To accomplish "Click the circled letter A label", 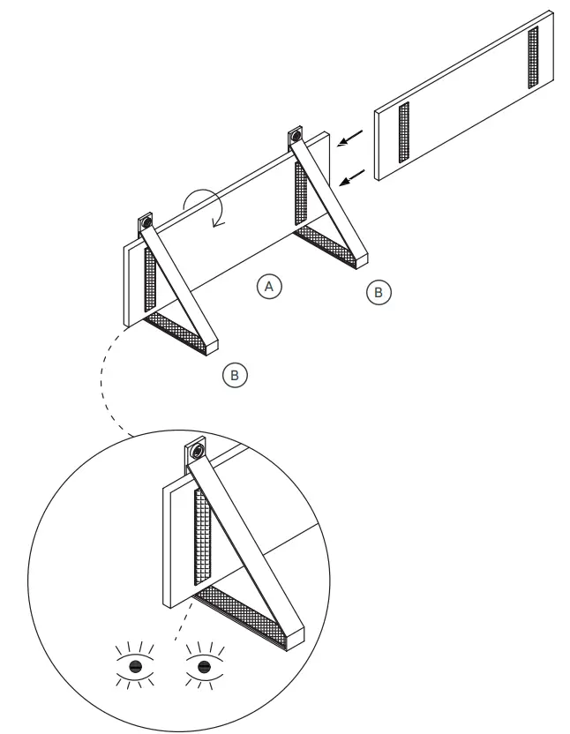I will pos(270,286).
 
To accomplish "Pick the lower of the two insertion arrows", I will pos(350,180).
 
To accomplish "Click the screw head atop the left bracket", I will pos(146,221).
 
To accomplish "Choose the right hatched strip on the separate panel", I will pos(532,57).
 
